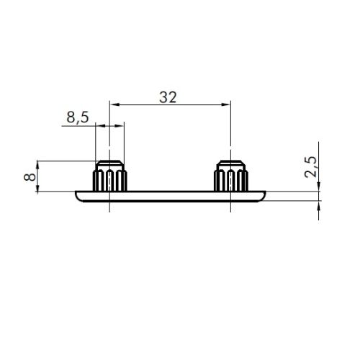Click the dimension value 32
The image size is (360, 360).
tap(168, 97)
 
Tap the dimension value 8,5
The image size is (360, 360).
tap(78, 117)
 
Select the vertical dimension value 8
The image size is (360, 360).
tap(30, 177)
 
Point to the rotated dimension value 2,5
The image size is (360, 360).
tap(311, 167)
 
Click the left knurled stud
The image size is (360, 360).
tap(109, 176)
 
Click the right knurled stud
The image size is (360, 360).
tap(230, 176)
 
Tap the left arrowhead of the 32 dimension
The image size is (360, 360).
tap(114, 104)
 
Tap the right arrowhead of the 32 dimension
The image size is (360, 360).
tap(226, 104)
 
